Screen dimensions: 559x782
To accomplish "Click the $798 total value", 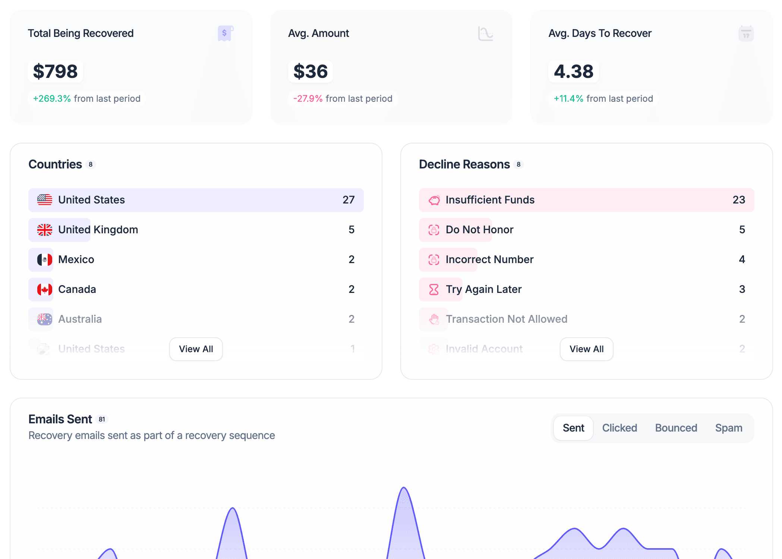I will click(x=55, y=71).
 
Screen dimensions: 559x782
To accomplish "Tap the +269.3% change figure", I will click(x=52, y=98).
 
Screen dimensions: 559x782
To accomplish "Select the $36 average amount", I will click(x=310, y=71).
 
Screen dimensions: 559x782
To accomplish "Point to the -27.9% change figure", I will click(x=308, y=98).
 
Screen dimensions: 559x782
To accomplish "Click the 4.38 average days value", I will click(x=573, y=71).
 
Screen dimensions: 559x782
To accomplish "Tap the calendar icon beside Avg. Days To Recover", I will click(x=746, y=34).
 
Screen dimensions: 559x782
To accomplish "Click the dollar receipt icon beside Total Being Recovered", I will click(x=225, y=34).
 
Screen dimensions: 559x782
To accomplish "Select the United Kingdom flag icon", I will click(x=45, y=230).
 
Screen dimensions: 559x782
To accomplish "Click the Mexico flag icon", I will click(x=45, y=260).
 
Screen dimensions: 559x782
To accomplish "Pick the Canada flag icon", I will click(x=45, y=290).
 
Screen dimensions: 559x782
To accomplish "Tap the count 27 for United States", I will click(x=349, y=200).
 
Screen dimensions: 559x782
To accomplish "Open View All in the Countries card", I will click(x=196, y=349).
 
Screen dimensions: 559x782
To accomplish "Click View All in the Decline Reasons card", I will click(x=586, y=349).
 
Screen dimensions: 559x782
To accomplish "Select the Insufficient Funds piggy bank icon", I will click(x=434, y=200).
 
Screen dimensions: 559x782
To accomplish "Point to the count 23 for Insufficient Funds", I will click(x=739, y=200).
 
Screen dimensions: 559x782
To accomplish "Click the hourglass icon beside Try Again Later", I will click(x=434, y=290).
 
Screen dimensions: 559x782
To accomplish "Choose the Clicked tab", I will click(x=619, y=428).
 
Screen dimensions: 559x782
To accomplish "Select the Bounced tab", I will click(x=676, y=428).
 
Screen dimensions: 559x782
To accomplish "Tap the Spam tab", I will click(x=728, y=428).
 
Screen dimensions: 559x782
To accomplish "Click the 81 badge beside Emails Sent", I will click(x=102, y=419).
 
